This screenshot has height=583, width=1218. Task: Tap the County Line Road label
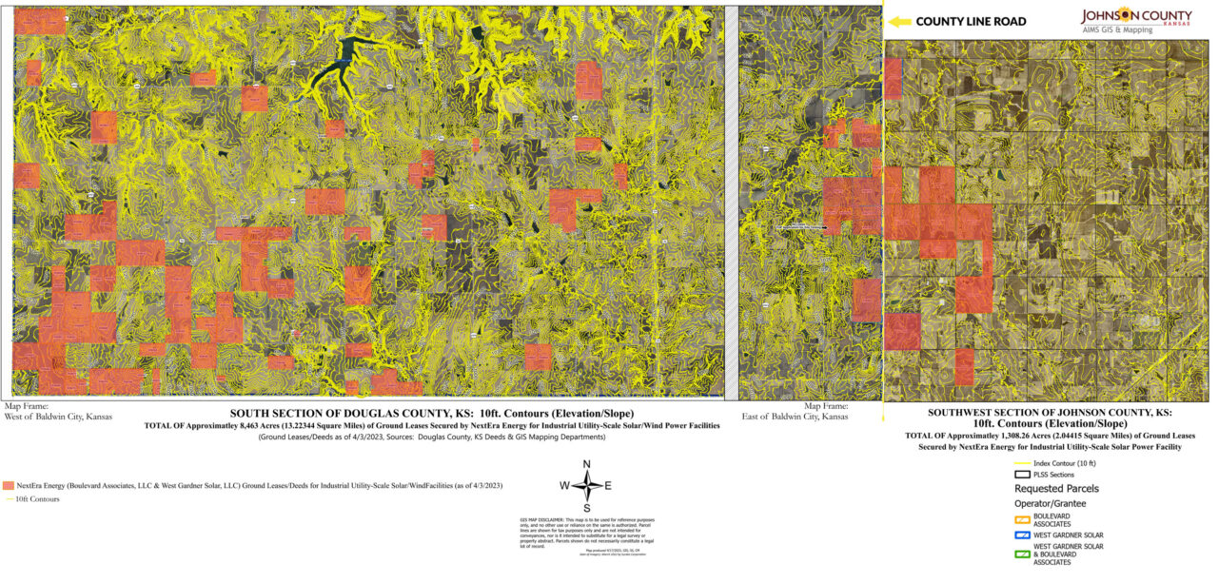pyautogui.click(x=971, y=21)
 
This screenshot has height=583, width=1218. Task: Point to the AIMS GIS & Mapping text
pyautogui.click(x=1117, y=29)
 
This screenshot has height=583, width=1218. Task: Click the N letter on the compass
pyautogui.click(x=587, y=464)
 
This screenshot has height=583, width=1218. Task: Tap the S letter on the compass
pyautogui.click(x=587, y=507)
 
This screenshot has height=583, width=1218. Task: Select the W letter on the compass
pyautogui.click(x=564, y=485)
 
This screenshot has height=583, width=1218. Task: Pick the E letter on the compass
pyautogui.click(x=608, y=485)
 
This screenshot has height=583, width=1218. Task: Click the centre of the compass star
pyautogui.click(x=587, y=485)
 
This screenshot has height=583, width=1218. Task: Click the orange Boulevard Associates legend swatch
pyautogui.click(x=1023, y=520)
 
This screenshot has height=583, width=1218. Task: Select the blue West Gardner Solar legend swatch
pyautogui.click(x=1023, y=535)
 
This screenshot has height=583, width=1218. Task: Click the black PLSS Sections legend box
pyautogui.click(x=1023, y=474)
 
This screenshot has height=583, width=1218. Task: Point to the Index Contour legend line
pyautogui.click(x=1023, y=463)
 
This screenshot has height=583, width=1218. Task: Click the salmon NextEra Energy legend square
pyautogui.click(x=9, y=485)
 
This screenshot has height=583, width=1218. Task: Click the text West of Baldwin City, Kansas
pyautogui.click(x=58, y=417)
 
